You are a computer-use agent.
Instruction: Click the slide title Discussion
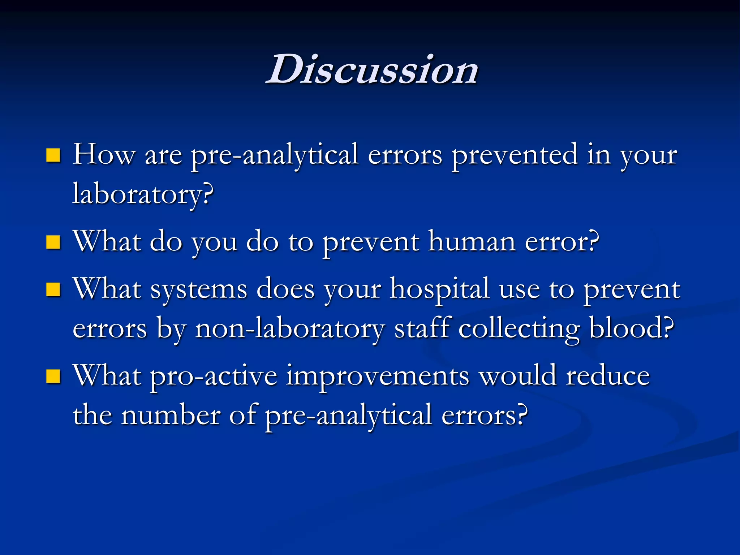(x=372, y=69)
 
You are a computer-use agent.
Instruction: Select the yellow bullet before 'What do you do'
(x=53, y=242)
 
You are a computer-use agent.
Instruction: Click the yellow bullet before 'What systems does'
(x=53, y=289)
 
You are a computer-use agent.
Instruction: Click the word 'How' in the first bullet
(x=104, y=155)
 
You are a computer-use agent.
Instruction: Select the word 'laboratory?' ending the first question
(x=143, y=194)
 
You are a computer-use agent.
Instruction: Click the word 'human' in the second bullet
(x=472, y=241)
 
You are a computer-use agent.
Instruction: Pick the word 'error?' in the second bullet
(x=562, y=241)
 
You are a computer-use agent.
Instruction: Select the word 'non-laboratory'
(x=289, y=329)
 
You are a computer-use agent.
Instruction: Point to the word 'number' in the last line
(x=171, y=416)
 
